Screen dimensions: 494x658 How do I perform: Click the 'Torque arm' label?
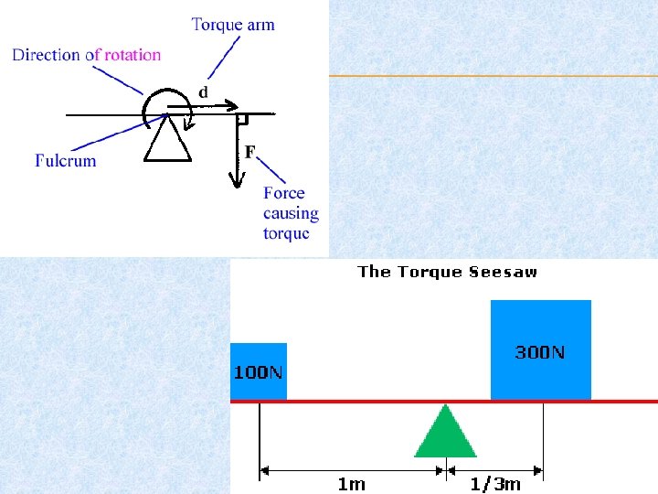click(x=233, y=24)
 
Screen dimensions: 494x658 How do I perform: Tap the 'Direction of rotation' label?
click(x=86, y=54)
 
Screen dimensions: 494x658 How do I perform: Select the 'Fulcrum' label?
click(x=66, y=160)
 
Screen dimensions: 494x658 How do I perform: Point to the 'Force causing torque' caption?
click(x=291, y=212)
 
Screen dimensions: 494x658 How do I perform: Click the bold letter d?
click(x=203, y=91)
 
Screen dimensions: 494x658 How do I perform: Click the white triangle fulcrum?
click(x=168, y=139)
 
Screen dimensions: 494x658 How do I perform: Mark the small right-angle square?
click(x=242, y=120)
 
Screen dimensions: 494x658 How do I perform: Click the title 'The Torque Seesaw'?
click(x=448, y=271)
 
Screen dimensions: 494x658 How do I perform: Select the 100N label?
click(x=259, y=372)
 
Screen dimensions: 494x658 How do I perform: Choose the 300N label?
click(x=540, y=351)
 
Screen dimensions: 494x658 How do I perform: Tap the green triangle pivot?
click(x=445, y=434)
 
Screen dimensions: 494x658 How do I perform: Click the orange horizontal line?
click(x=493, y=75)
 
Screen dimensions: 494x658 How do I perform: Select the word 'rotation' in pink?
click(x=133, y=54)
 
